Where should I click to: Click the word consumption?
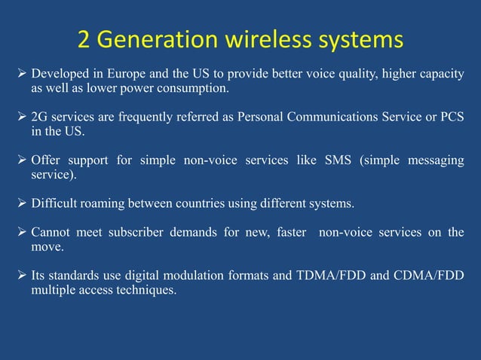195,89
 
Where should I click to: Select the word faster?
293,232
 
